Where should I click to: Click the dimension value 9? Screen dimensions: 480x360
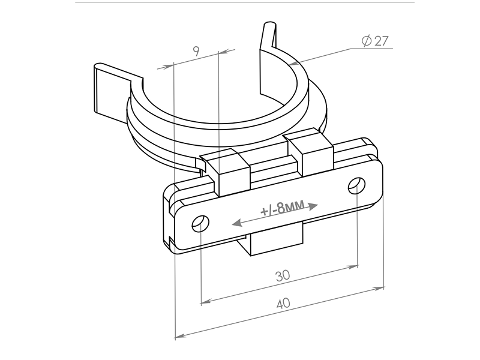[x=196, y=51]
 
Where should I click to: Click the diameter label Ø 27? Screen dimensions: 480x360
[x=375, y=41]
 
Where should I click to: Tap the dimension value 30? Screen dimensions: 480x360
[x=283, y=276]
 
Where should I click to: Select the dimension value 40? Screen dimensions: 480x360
[x=283, y=304]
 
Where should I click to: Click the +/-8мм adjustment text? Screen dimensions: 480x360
[x=283, y=208]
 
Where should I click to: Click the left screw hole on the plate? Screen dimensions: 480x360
[x=200, y=223]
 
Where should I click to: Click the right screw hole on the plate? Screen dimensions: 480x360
[x=356, y=185]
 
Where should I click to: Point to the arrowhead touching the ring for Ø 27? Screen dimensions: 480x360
[x=293, y=64]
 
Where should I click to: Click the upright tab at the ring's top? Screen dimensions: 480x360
[x=268, y=58]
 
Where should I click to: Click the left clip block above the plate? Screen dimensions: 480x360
[x=227, y=172]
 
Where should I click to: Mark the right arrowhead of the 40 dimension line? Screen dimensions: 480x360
[x=380, y=289]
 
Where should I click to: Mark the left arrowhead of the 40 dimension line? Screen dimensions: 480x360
[x=181, y=336]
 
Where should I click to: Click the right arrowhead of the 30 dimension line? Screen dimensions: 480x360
[x=353, y=267]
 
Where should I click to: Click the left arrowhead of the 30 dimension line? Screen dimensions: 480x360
[x=206, y=302]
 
